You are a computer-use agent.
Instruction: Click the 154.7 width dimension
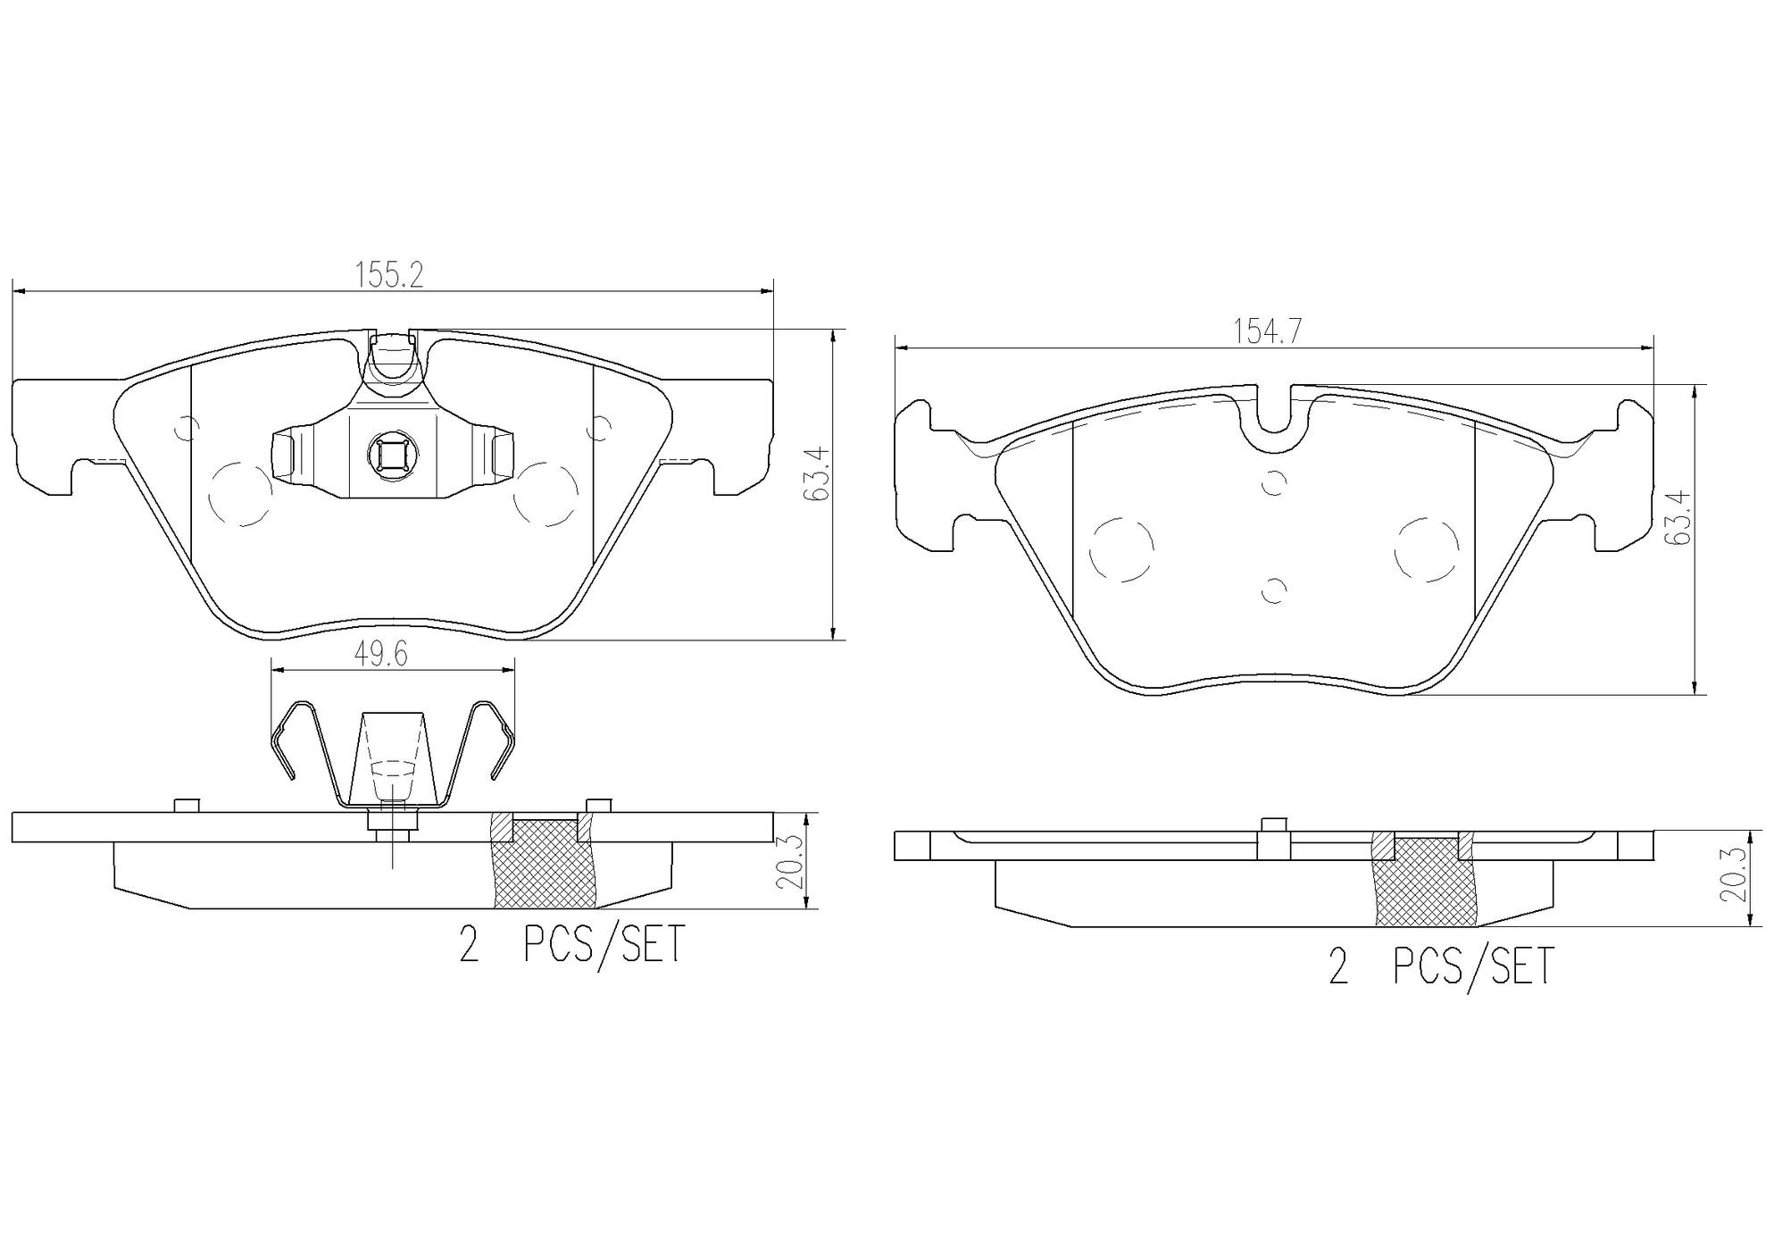(x=1268, y=331)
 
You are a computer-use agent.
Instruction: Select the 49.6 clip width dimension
(x=381, y=655)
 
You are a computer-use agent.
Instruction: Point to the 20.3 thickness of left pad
(x=791, y=861)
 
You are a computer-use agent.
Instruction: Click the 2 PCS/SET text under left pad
(x=571, y=945)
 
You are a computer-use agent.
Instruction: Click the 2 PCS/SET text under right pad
(x=1441, y=966)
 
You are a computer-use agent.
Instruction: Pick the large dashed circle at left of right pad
(x=1121, y=548)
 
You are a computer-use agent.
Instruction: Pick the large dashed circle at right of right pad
(x=1427, y=548)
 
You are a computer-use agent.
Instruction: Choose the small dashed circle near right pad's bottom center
(x=1274, y=590)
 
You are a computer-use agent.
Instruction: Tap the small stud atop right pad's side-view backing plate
(x=1273, y=825)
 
